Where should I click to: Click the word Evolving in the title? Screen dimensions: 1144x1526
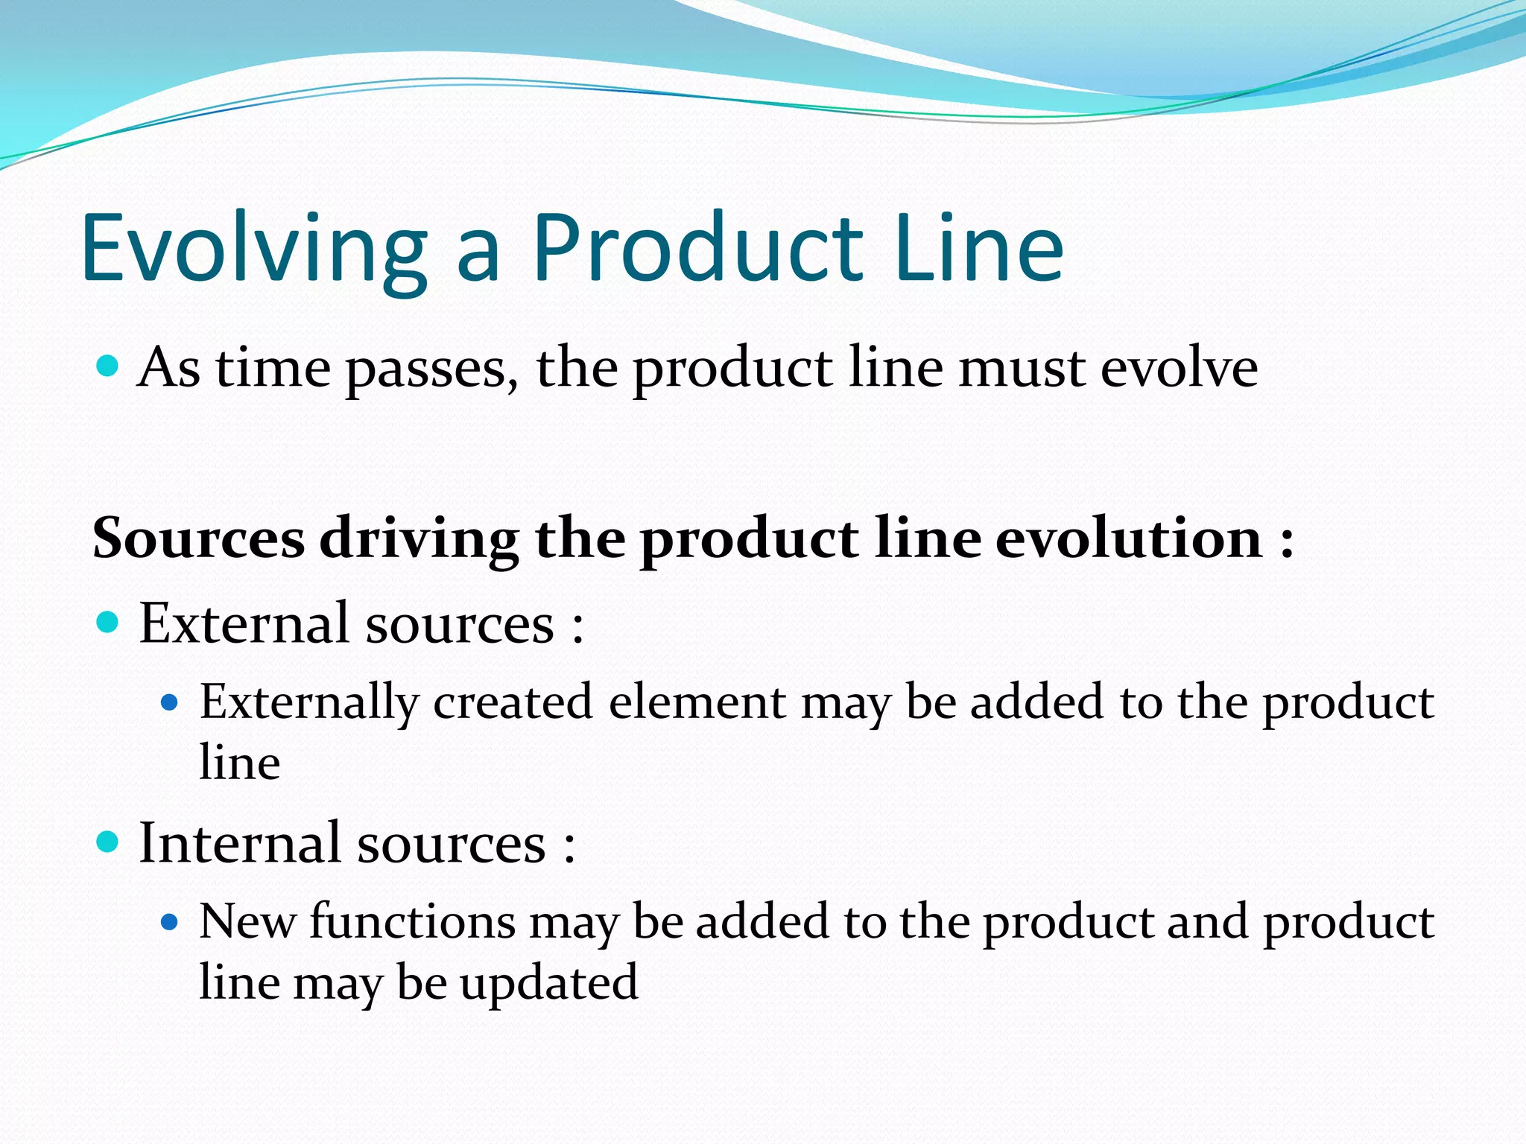pyautogui.click(x=253, y=250)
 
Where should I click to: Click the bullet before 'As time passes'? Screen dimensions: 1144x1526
pyautogui.click(x=109, y=366)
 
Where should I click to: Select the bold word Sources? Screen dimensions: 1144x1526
pyautogui.click(x=198, y=538)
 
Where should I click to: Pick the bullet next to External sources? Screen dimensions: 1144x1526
pyautogui.click(x=109, y=621)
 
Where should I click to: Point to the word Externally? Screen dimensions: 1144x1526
pyautogui.click(x=309, y=703)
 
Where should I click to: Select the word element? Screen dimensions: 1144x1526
pyautogui.click(x=697, y=702)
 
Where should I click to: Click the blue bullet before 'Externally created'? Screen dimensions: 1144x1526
pyautogui.click(x=171, y=702)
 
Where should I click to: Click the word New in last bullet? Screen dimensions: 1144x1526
pyautogui.click(x=247, y=921)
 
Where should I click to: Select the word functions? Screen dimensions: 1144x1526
pyautogui.click(x=412, y=921)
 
